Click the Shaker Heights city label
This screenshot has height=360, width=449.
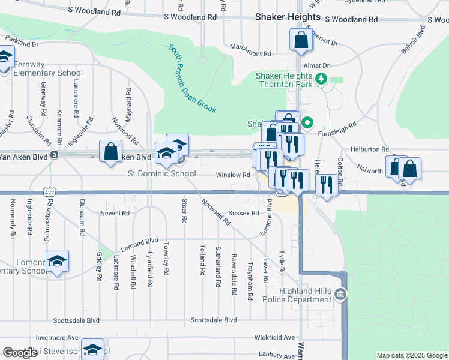pyautogui.click(x=288, y=17)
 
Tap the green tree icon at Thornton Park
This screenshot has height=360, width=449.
pyautogui.click(x=322, y=79)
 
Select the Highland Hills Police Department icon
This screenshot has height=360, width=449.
pyautogui.click(x=341, y=294)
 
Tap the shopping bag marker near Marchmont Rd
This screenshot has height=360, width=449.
pyautogui.click(x=301, y=40)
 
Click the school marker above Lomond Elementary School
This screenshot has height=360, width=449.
pyautogui.click(x=57, y=261)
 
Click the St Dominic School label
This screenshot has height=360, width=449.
pyautogui.click(x=161, y=174)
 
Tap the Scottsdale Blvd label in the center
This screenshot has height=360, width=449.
pyautogui.click(x=214, y=320)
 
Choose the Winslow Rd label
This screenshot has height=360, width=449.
pyautogui.click(x=233, y=175)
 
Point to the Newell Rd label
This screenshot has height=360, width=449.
pyautogui.click(x=115, y=213)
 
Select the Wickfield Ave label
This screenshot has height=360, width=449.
pyautogui.click(x=274, y=338)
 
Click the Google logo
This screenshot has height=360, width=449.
pyautogui.click(x=20, y=353)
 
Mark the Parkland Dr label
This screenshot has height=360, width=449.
pyautogui.click(x=22, y=44)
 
